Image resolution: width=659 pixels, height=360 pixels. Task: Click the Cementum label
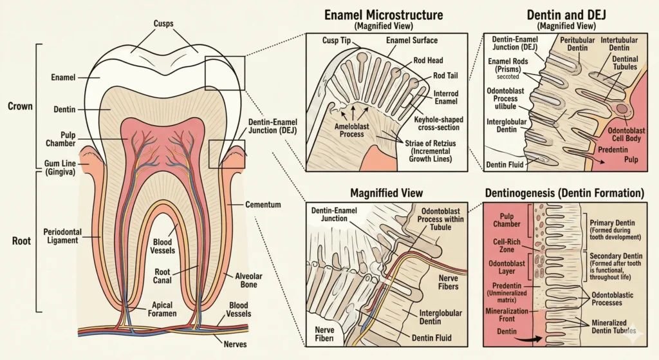click(263, 204)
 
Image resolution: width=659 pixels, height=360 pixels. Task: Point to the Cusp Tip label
click(335, 41)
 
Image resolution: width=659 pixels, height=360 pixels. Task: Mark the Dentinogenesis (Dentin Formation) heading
click(569, 193)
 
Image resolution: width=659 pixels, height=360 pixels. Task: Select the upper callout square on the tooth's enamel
click(224, 73)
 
